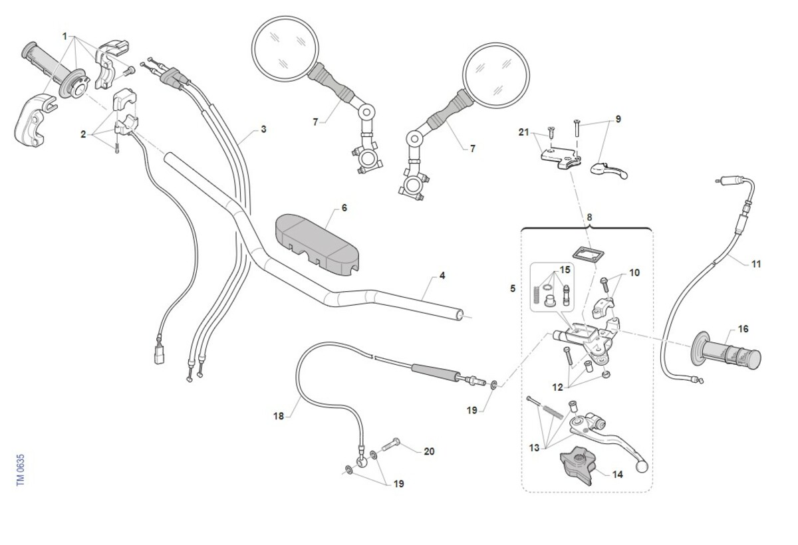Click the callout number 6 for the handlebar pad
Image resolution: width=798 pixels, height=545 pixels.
[x=344, y=208]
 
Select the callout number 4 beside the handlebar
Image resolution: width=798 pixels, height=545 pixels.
[x=442, y=275]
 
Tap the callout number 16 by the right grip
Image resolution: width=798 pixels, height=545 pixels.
[x=743, y=329]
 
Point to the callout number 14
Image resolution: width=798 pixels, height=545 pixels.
[x=618, y=475]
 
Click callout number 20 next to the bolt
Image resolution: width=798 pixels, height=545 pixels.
[x=429, y=451]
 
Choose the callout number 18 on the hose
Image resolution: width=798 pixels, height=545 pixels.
[x=279, y=416]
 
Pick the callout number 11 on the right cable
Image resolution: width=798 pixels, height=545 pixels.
[x=756, y=264]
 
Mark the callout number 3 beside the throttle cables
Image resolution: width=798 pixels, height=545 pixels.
[x=263, y=130]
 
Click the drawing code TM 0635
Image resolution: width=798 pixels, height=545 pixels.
[x=21, y=470]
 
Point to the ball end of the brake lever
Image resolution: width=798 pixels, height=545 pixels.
[x=642, y=467]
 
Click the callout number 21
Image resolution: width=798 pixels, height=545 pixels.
[x=523, y=132]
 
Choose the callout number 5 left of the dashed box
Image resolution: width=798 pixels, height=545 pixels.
[x=513, y=289]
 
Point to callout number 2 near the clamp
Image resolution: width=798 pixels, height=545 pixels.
[x=84, y=134]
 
